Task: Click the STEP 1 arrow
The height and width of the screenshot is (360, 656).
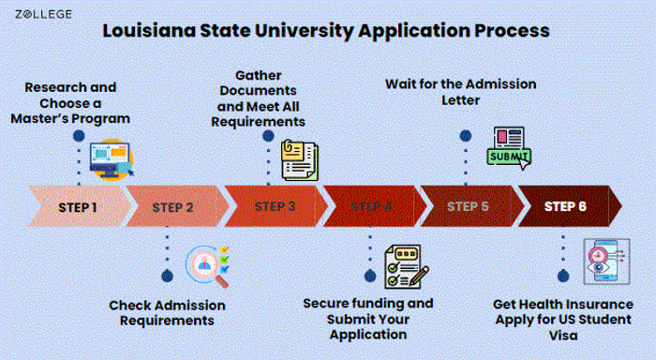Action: tap(78, 206)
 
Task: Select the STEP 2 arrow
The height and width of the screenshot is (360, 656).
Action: tap(174, 206)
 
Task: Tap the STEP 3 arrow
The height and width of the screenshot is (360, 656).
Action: tap(276, 206)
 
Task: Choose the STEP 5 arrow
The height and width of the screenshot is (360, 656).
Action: tap(469, 206)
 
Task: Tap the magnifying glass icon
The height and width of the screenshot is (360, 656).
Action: tap(207, 266)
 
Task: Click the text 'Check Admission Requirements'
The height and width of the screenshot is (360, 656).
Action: tap(167, 313)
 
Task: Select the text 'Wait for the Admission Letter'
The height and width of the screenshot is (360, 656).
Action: tap(460, 92)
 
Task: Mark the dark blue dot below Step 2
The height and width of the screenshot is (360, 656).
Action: tap(168, 275)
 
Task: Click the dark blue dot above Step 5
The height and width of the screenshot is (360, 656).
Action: tap(466, 136)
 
